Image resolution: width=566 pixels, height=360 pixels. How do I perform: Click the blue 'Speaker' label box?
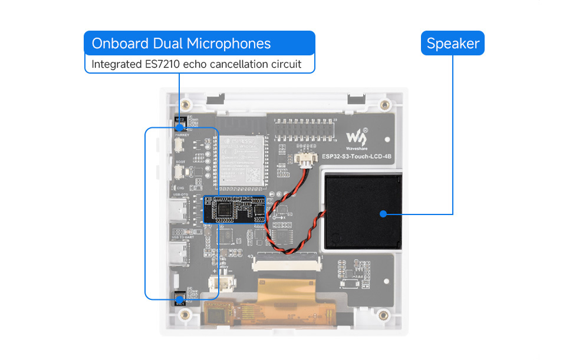coord(452,43)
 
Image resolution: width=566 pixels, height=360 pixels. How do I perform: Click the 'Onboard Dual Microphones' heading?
coord(181,43)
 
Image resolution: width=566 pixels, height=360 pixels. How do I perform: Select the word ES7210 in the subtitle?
coord(162,64)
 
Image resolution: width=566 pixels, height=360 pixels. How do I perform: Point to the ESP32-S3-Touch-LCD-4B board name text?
coord(357,157)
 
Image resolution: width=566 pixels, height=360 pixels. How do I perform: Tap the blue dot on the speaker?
coord(383,213)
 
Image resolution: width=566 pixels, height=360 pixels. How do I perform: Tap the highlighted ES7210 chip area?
coord(235,209)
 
